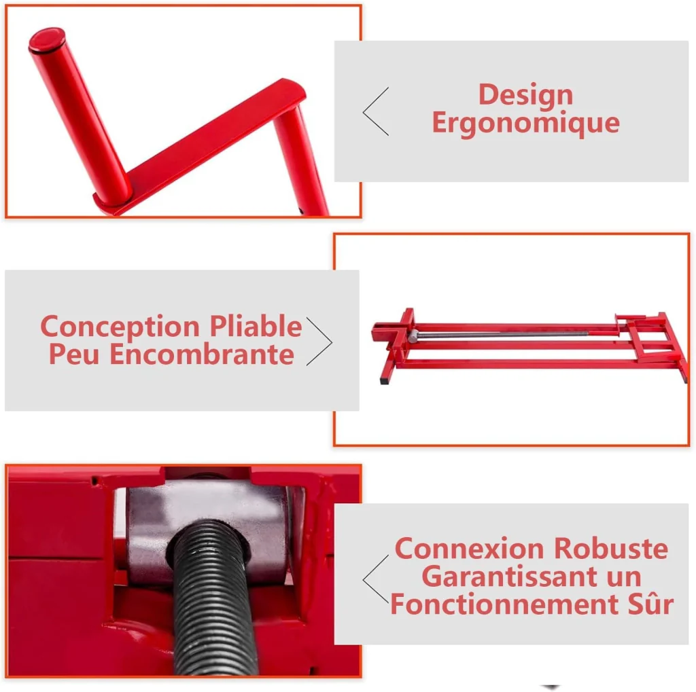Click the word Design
[525, 95]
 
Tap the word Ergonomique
[525, 124]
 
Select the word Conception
[120, 327]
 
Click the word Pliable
[256, 326]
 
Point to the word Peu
[73, 354]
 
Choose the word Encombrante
[201, 354]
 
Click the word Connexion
[469, 549]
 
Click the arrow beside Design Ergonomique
[375, 111]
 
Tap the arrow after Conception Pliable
[319, 342]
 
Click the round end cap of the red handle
[47, 39]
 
